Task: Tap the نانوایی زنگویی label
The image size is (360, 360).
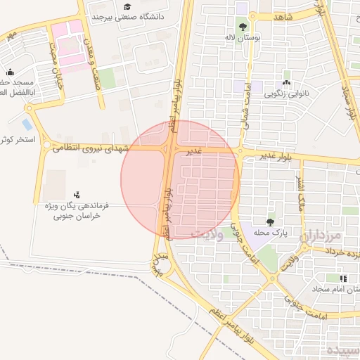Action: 285,91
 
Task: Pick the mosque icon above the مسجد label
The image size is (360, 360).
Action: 10,72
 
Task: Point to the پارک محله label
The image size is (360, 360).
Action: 271,232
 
